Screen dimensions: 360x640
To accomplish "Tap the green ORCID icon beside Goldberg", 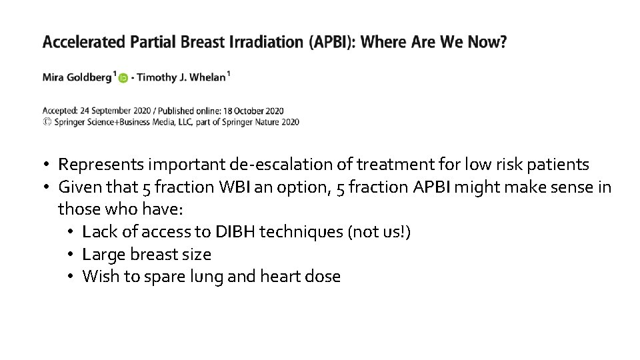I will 123,78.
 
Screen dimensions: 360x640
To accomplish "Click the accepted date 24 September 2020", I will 123,111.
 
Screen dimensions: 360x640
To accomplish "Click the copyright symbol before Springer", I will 47,122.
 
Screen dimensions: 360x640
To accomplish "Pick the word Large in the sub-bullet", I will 101,254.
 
